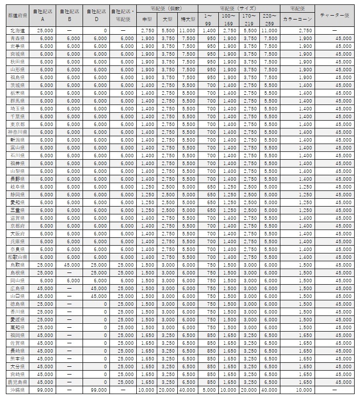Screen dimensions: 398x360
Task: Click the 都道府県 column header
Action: tap(18, 16)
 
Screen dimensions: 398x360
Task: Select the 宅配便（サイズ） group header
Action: tap(239, 9)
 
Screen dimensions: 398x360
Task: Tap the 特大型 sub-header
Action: tap(188, 19)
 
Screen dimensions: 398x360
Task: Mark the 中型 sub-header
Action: tap(147, 19)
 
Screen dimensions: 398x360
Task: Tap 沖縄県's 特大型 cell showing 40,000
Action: tap(188, 390)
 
